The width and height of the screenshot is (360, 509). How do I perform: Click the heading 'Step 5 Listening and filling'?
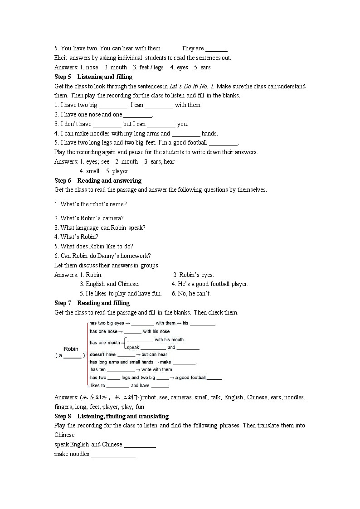tap(93, 77)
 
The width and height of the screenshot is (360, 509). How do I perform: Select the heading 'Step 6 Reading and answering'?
tap(98, 180)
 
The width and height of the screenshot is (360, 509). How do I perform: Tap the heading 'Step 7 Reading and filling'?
tap(92, 303)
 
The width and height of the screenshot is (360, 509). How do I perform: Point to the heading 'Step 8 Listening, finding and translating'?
tap(112, 416)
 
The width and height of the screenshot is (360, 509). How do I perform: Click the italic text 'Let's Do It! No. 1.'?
tap(192, 86)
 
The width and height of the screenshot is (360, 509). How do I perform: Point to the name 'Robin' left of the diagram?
tap(71, 349)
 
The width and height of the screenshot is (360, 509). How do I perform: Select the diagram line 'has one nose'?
tap(103, 331)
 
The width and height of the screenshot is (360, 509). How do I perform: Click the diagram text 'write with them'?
tap(157, 369)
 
